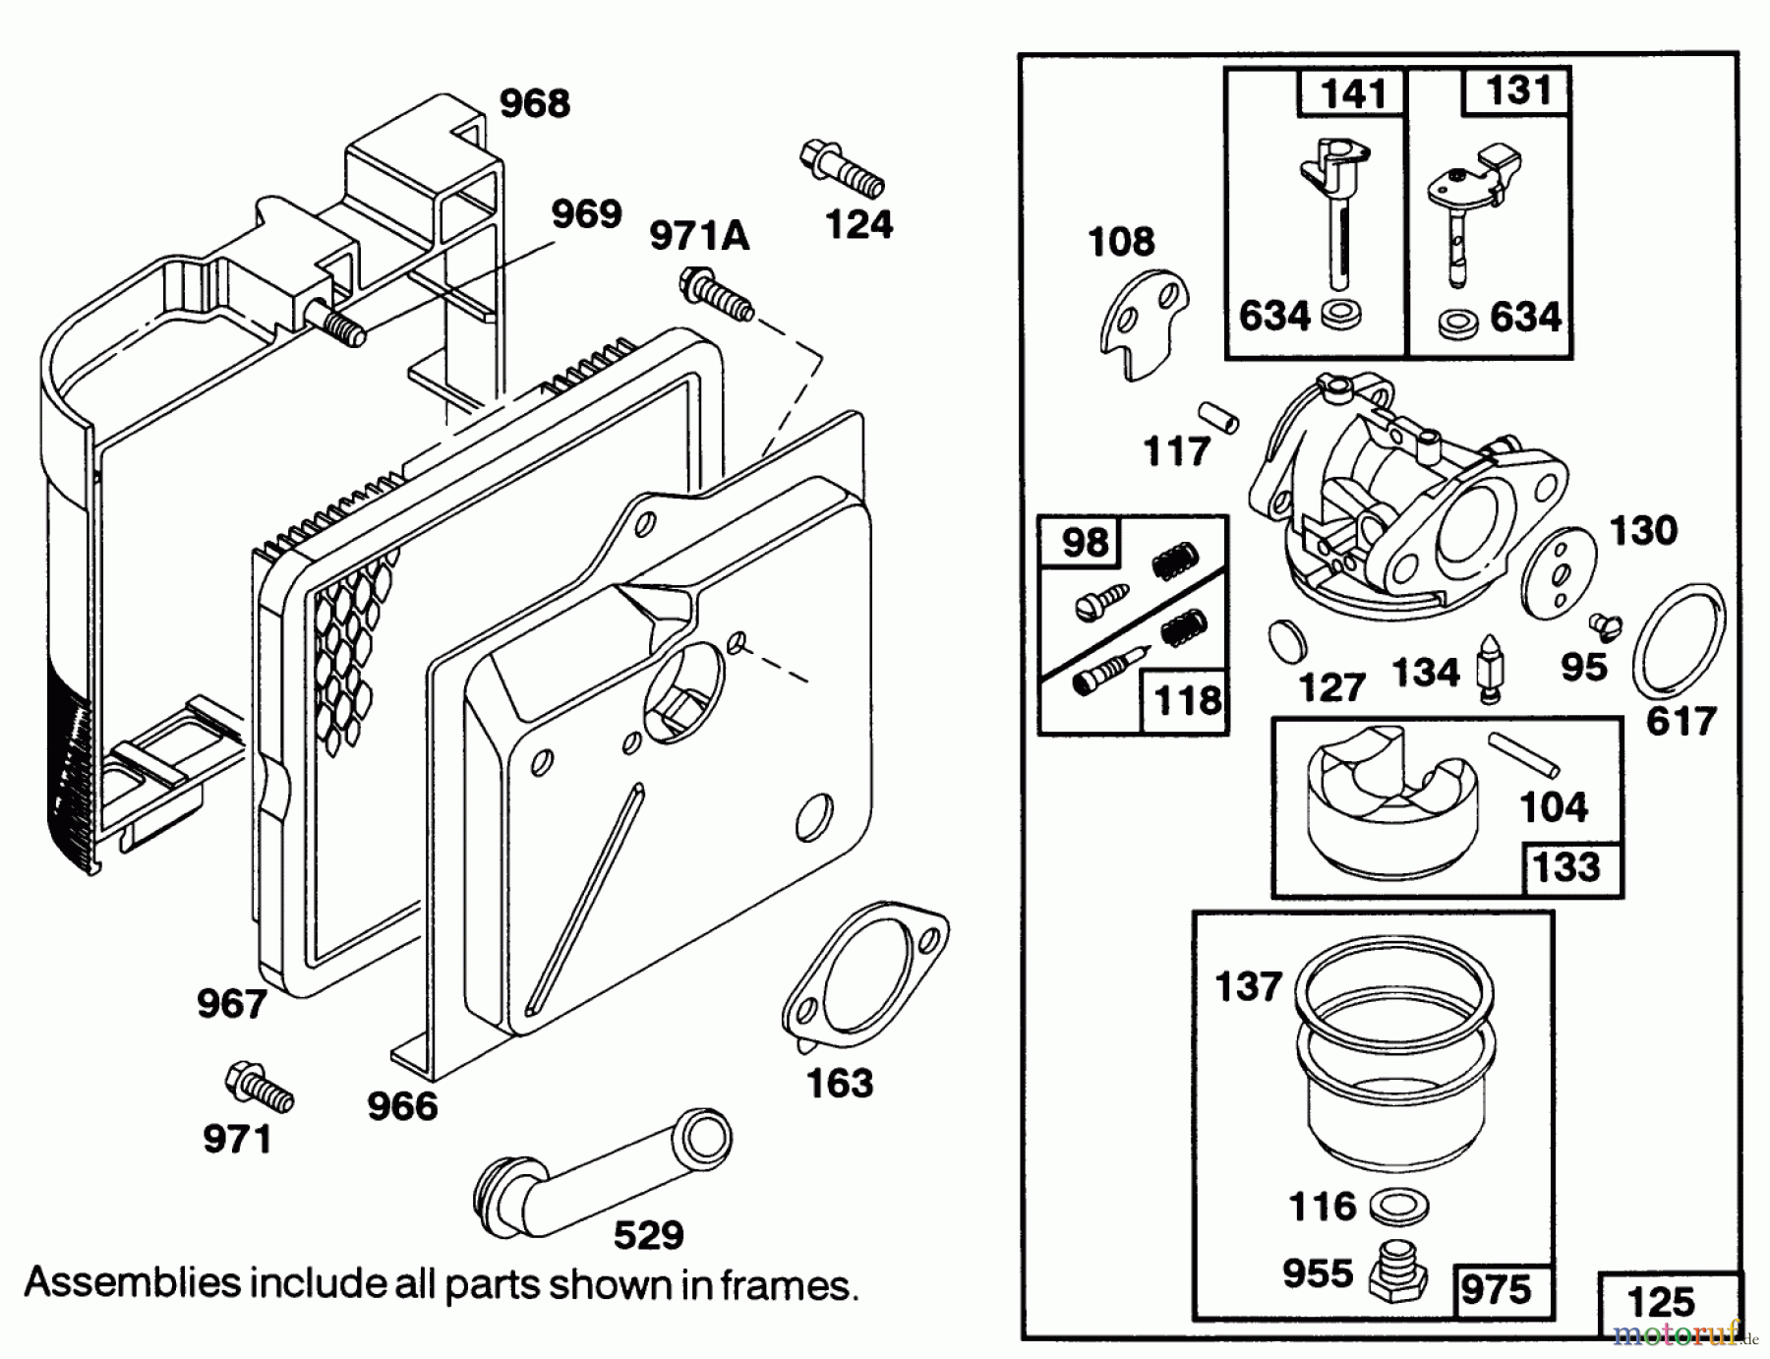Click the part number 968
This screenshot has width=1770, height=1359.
[534, 103]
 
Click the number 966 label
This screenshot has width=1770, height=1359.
[402, 1106]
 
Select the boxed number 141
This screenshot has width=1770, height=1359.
[1353, 94]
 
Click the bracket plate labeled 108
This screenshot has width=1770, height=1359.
[1144, 325]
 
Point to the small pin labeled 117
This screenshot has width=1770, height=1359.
[1218, 417]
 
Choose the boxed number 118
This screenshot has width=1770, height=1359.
[1187, 701]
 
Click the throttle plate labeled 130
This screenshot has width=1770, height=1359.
[1558, 576]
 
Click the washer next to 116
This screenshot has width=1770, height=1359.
[1396, 1207]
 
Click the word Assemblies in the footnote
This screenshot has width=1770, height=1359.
[133, 1283]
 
